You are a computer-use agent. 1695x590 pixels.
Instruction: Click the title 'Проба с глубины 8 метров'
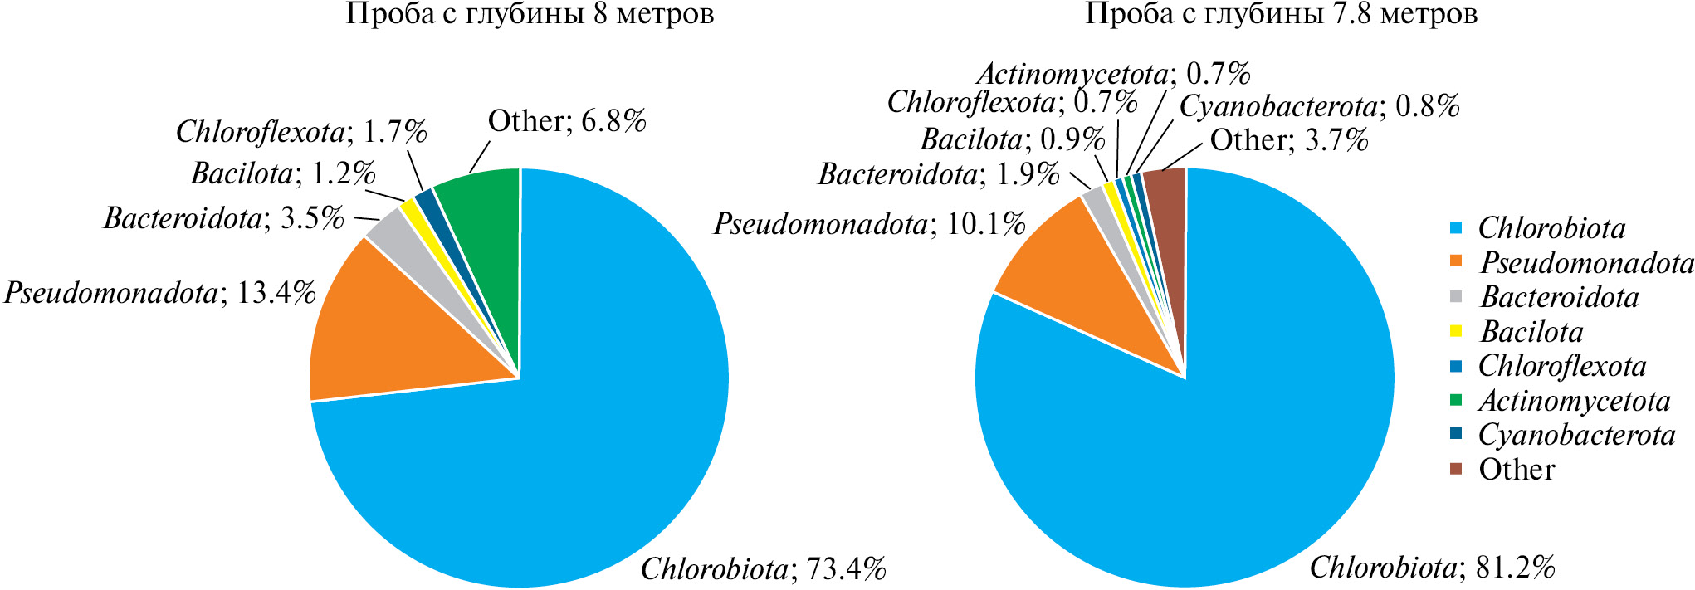[x=530, y=14]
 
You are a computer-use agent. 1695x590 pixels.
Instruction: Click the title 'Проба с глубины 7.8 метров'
[x=1282, y=14]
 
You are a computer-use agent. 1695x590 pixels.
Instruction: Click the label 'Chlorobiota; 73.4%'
[x=764, y=569]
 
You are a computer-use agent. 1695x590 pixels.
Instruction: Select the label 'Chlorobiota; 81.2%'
[x=1432, y=568]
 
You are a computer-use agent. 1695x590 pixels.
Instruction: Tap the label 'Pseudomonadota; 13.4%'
[x=160, y=293]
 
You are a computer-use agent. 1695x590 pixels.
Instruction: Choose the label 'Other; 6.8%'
[x=567, y=121]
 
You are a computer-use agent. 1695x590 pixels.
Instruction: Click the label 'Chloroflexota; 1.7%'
[x=301, y=131]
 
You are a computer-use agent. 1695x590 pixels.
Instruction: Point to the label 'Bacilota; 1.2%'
[x=283, y=173]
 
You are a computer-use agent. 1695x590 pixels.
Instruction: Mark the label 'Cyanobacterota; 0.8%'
[x=1319, y=106]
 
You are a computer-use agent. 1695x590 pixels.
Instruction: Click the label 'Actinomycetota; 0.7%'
[x=1113, y=74]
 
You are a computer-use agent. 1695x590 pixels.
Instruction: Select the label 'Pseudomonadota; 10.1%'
[x=869, y=224]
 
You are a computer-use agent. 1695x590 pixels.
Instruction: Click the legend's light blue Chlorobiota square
[x=1456, y=228]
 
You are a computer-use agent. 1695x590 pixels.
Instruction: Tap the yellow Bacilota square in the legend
[x=1456, y=331]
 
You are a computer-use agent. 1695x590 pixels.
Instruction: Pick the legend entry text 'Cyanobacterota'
[x=1576, y=435]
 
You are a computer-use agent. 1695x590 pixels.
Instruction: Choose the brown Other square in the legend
[x=1456, y=469]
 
